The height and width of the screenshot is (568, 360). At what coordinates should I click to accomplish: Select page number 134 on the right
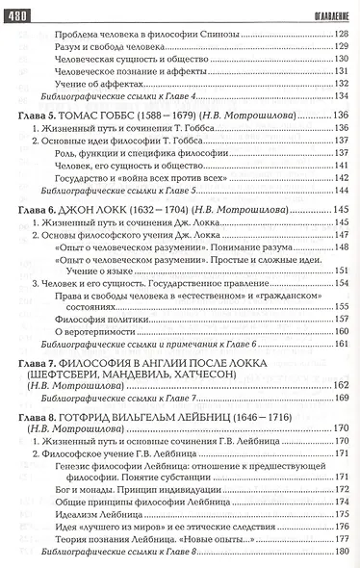click(x=339, y=97)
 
